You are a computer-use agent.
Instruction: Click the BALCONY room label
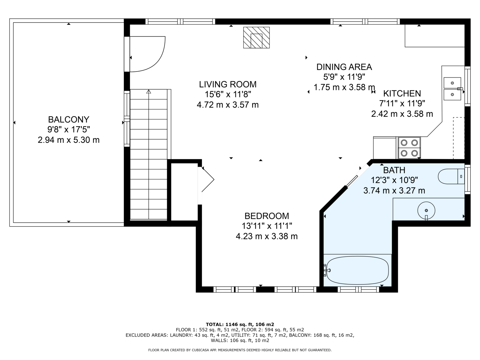[x=69, y=120]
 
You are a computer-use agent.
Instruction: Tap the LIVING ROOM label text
[x=228, y=84]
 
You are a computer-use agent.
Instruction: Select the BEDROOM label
[x=267, y=216]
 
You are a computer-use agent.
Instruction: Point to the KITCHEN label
[x=402, y=94]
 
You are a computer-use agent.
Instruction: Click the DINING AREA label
[x=344, y=67]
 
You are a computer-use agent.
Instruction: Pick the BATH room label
[x=394, y=170]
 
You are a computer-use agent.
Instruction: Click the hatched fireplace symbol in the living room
[x=256, y=37]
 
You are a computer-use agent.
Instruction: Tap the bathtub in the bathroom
[x=358, y=270]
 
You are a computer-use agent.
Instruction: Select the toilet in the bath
[x=451, y=176]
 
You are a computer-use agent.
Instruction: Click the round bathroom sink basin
[x=426, y=211]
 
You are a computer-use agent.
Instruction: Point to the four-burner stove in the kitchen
[x=409, y=148]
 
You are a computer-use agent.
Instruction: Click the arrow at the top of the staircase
[x=149, y=91]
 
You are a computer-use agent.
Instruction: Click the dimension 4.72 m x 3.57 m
[x=228, y=105]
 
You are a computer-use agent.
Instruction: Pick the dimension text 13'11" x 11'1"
[x=267, y=226]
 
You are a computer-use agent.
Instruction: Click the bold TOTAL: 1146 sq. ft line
[x=240, y=324]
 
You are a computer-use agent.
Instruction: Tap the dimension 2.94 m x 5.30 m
[x=69, y=140]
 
